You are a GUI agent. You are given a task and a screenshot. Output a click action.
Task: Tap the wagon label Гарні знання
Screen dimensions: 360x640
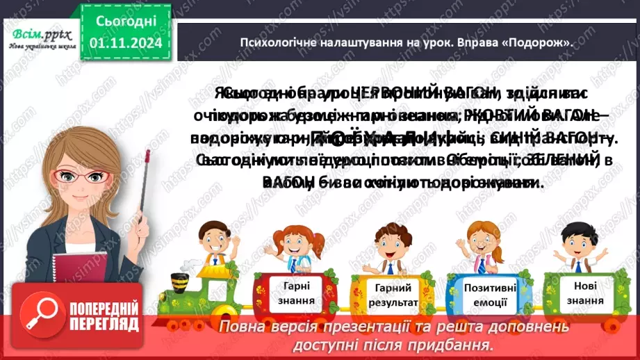point(300,293)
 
